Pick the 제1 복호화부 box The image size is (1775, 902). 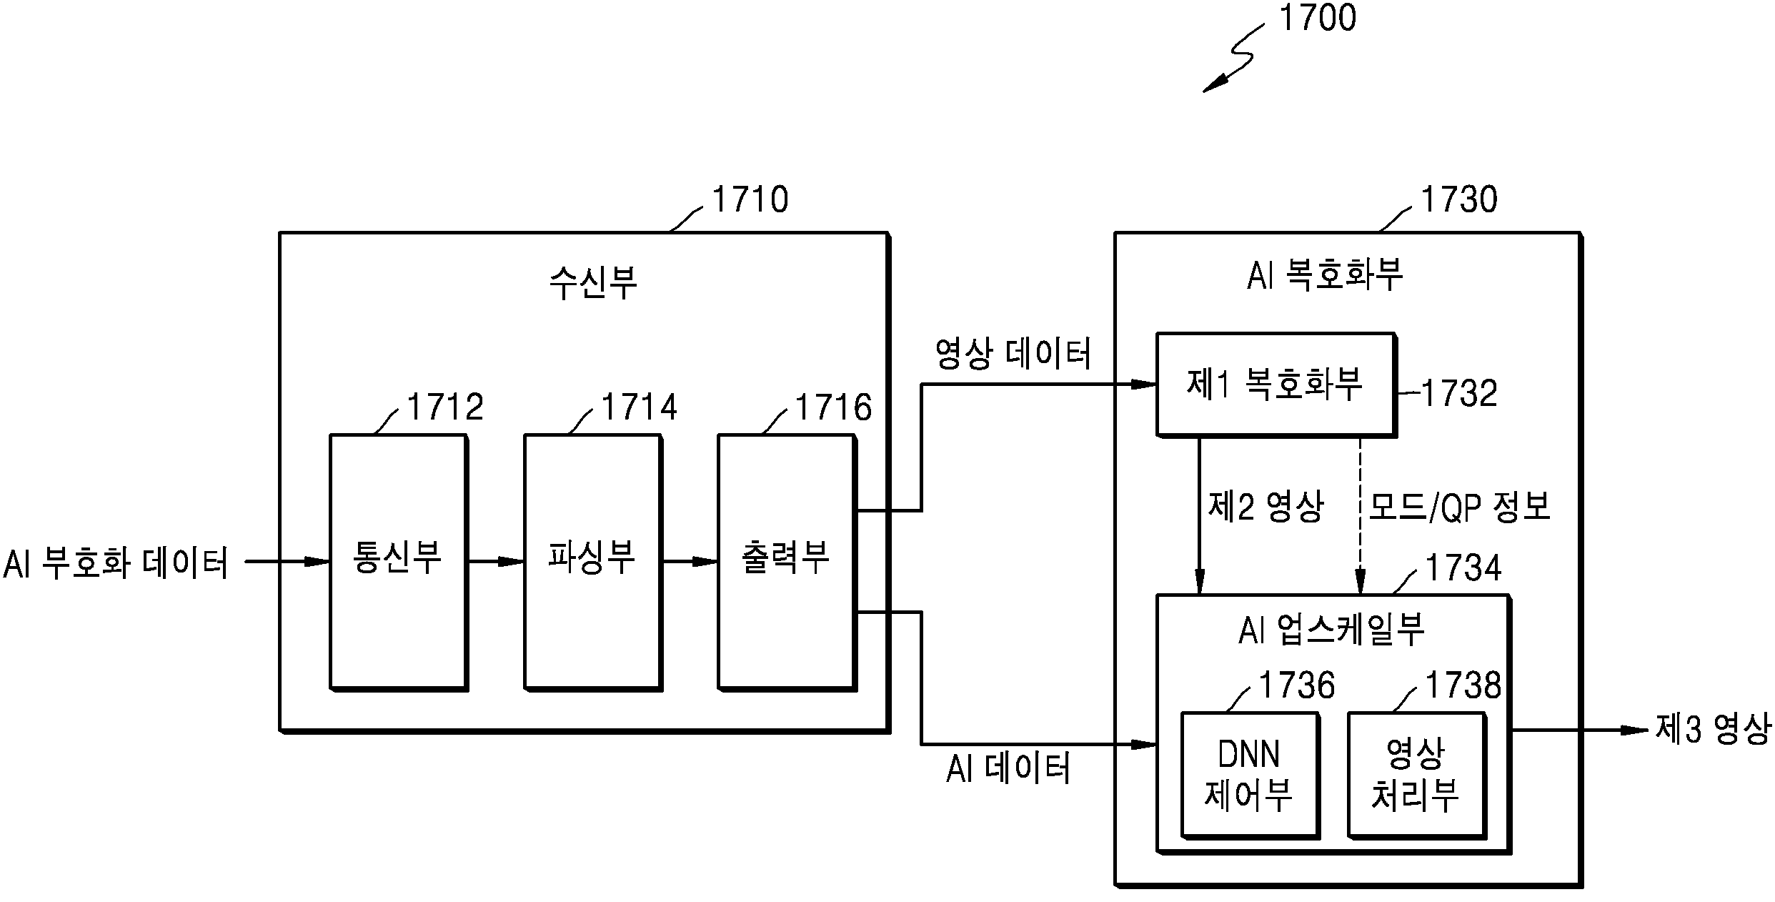1275,384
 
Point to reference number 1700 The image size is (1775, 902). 1317,19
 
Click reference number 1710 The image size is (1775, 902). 750,199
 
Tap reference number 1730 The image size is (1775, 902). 1458,199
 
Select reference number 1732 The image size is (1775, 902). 1459,393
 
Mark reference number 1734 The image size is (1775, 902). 1463,568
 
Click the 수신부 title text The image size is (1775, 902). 592,282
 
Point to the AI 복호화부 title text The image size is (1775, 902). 1325,275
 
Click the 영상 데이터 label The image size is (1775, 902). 1013,355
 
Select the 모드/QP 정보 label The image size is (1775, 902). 1459,507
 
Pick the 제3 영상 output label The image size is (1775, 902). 1713,730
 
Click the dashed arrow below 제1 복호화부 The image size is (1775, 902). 1360,515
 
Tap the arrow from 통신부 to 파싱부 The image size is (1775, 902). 496,561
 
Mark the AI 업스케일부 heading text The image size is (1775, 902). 1331,630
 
